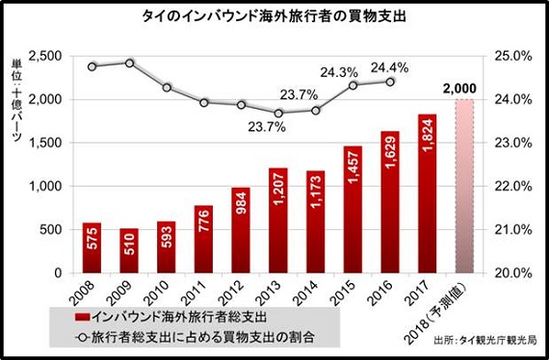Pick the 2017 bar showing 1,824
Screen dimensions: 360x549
[x=428, y=193]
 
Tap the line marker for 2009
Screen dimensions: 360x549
[x=129, y=63]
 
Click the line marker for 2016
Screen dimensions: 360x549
[x=390, y=82]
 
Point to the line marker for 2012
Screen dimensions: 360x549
[x=241, y=105]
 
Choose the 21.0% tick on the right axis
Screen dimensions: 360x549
[x=514, y=229]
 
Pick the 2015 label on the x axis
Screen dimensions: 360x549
[x=353, y=292]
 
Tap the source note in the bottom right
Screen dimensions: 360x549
[x=488, y=341]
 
